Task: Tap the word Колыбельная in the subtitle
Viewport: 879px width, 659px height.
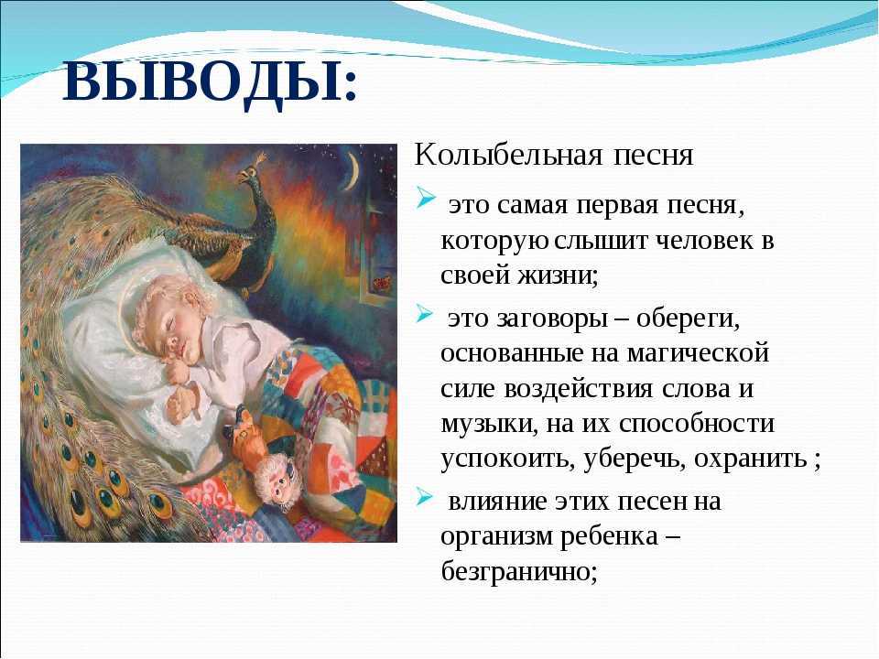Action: coord(508,156)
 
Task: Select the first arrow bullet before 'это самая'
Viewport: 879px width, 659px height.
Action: coord(426,199)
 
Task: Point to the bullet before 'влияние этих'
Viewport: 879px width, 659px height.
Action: coord(426,496)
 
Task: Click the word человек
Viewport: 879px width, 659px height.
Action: coord(700,241)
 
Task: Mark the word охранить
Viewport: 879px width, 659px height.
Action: coord(751,459)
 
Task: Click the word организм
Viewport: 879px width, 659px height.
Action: coord(495,536)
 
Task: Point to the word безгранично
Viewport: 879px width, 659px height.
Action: coord(519,571)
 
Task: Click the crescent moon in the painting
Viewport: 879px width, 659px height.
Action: coord(353,171)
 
